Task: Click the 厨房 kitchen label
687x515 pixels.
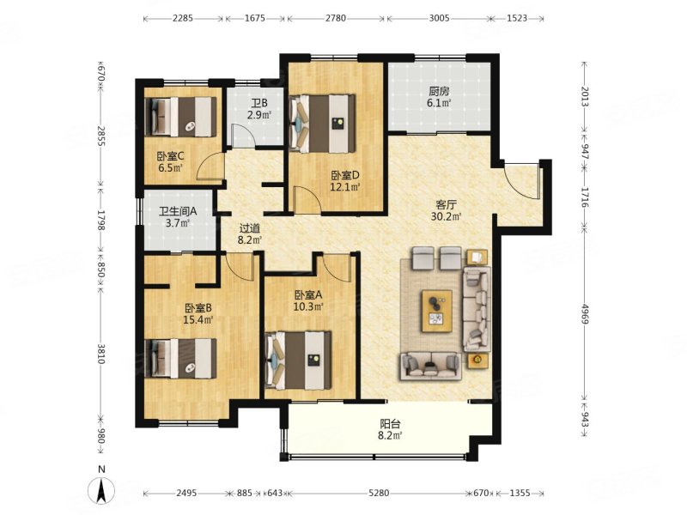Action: coord(439,92)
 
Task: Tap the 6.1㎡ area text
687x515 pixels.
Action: coord(439,103)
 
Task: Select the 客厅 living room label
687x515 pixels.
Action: coord(447,204)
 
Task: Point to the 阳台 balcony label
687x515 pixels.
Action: coord(390,424)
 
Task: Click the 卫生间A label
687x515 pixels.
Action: coord(178,211)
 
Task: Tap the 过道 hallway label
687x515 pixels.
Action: coord(249,228)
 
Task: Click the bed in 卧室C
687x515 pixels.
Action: coord(180,117)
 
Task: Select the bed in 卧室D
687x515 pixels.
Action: coord(322,124)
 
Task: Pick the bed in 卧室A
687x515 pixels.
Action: coord(298,360)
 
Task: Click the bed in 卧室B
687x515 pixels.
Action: coord(180,358)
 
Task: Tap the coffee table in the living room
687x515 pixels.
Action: coord(436,311)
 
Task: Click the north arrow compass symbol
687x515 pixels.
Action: coord(101,489)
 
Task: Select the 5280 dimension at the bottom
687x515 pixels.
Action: coord(379,493)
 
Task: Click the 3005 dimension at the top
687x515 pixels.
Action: coord(439,18)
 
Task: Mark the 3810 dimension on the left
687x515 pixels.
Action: coord(100,354)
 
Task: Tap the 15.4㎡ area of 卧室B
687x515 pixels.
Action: coord(198,319)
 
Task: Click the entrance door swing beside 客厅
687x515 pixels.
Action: coord(520,180)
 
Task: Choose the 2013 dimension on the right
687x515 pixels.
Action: coord(585,96)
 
